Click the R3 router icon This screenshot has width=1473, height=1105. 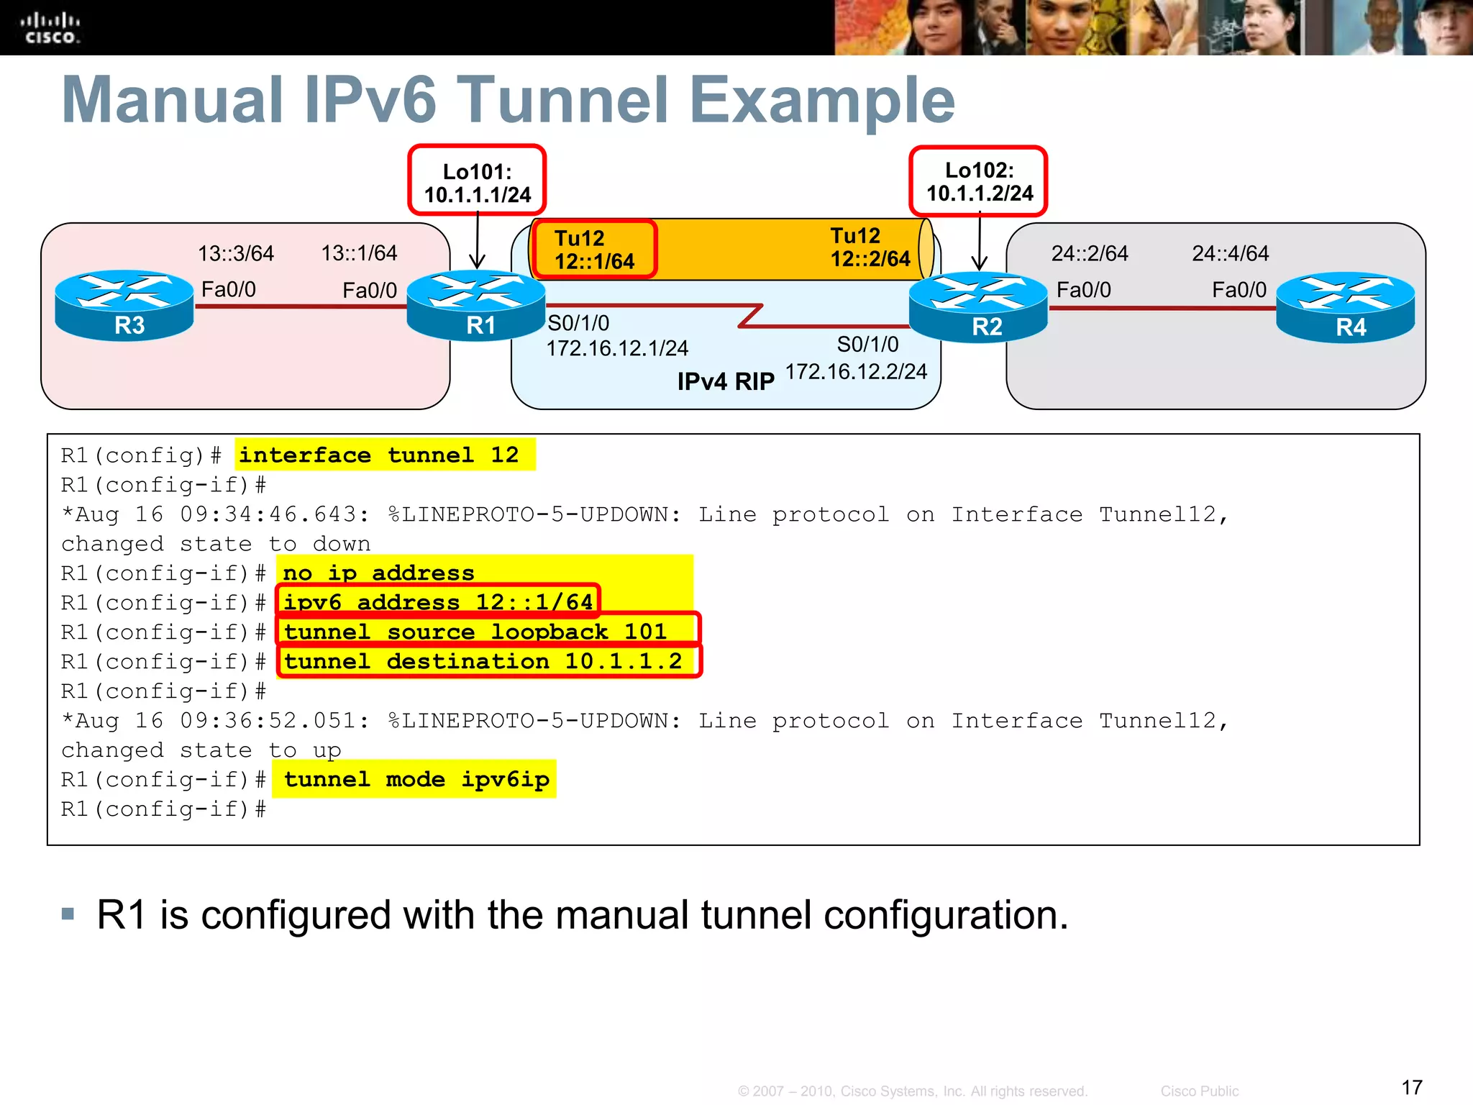(x=124, y=305)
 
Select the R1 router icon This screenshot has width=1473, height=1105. (x=476, y=305)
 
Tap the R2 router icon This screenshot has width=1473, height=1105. (x=978, y=306)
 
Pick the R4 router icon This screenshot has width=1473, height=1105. (x=1346, y=307)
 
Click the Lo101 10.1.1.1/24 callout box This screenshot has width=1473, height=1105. (x=477, y=181)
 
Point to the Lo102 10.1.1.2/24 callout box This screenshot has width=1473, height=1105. (x=978, y=181)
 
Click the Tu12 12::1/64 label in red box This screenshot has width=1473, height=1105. (x=594, y=250)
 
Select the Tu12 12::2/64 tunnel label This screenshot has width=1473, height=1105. (x=870, y=247)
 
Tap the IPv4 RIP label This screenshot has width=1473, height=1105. (x=726, y=381)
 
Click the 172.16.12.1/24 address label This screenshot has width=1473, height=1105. (x=617, y=349)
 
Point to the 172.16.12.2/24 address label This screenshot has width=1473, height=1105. (x=856, y=372)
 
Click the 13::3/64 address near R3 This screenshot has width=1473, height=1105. (x=236, y=254)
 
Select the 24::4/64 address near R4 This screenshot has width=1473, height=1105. (x=1230, y=254)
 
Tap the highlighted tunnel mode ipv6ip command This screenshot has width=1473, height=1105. (x=416, y=780)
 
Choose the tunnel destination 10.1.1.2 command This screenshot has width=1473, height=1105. (x=483, y=661)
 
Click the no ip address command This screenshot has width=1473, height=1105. (x=378, y=573)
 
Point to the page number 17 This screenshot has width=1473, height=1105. (x=1412, y=1087)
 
